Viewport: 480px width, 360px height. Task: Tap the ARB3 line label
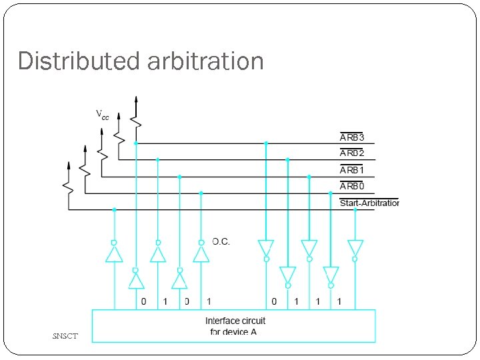pos(352,137)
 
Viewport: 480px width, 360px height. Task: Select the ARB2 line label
pos(352,154)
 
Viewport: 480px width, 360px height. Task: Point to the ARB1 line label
pos(352,171)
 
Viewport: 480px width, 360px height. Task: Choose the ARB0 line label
pos(352,187)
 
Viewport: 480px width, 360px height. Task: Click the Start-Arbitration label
pos(369,203)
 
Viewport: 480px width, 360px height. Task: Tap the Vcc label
pos(102,115)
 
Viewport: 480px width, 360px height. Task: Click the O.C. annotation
pos(221,241)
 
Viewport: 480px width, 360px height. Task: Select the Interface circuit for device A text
pos(235,326)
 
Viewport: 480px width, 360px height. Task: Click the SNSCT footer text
pos(65,336)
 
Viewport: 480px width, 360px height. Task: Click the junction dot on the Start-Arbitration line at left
pos(114,210)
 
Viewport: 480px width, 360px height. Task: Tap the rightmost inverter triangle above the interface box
pos(355,248)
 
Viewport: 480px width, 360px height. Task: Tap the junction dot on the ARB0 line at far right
pos(331,193)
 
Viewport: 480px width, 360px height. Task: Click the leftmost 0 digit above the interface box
pos(143,302)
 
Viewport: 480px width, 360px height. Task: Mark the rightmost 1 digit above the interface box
pos(339,302)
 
